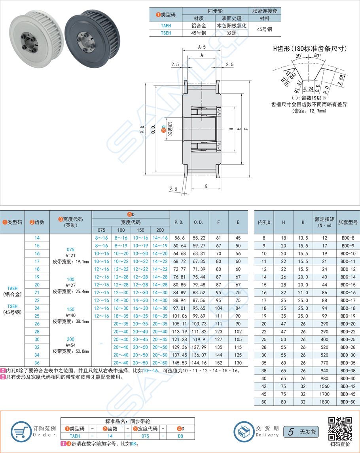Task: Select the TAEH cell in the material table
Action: coord(166,26)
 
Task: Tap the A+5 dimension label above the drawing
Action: coord(202,47)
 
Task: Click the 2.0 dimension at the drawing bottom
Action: coord(173,189)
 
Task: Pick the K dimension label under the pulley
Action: coord(206,186)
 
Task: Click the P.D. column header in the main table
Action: coord(179,222)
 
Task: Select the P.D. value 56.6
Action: coord(179,238)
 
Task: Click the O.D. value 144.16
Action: coord(199,363)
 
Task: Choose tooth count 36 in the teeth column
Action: coord(37,363)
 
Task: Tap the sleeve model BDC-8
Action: coord(347,238)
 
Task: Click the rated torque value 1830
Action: coord(324,402)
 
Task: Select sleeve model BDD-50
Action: coord(347,402)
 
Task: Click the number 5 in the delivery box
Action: coord(291,432)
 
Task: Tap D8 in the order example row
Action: coord(180,436)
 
